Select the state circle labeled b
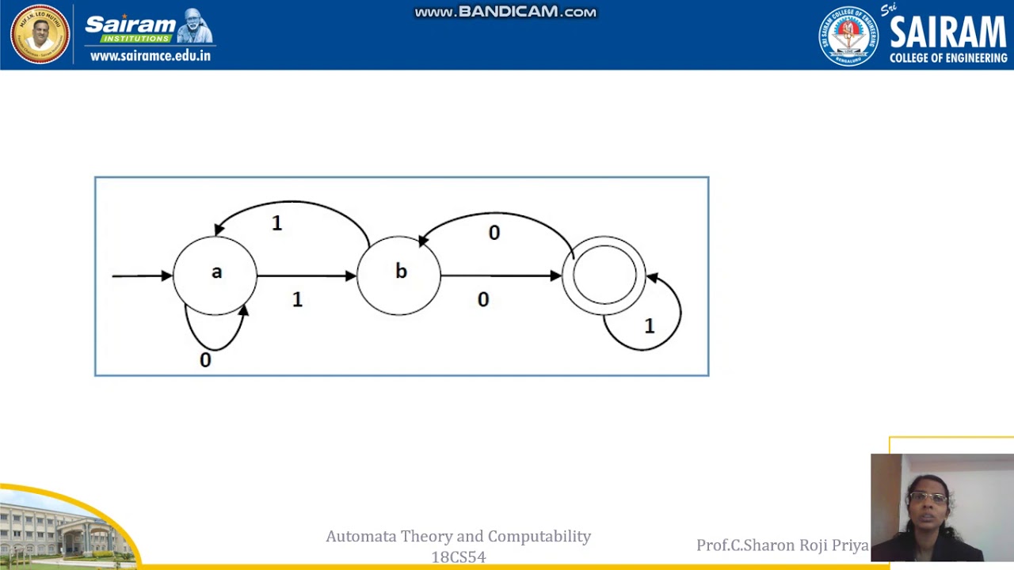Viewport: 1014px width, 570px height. click(x=399, y=275)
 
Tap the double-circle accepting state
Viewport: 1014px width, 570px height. click(x=604, y=275)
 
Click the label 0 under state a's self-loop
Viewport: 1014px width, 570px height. click(x=205, y=360)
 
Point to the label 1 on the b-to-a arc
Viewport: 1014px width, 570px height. click(x=276, y=224)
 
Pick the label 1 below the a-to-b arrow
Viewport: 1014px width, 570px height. click(x=297, y=300)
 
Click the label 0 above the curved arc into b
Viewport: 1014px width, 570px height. click(x=494, y=233)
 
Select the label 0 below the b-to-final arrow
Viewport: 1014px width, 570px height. click(x=483, y=300)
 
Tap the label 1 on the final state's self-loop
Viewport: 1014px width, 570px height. click(x=650, y=326)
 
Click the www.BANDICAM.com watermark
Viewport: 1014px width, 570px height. click(x=505, y=12)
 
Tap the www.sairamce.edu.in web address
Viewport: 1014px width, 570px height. click(x=151, y=55)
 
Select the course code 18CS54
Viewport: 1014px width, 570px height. click(x=459, y=557)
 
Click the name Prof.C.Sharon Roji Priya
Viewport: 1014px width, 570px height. click(x=782, y=545)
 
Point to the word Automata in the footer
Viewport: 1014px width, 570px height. click(x=360, y=537)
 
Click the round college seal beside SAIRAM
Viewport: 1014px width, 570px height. click(x=848, y=36)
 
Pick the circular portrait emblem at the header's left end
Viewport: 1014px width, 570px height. click(x=40, y=35)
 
